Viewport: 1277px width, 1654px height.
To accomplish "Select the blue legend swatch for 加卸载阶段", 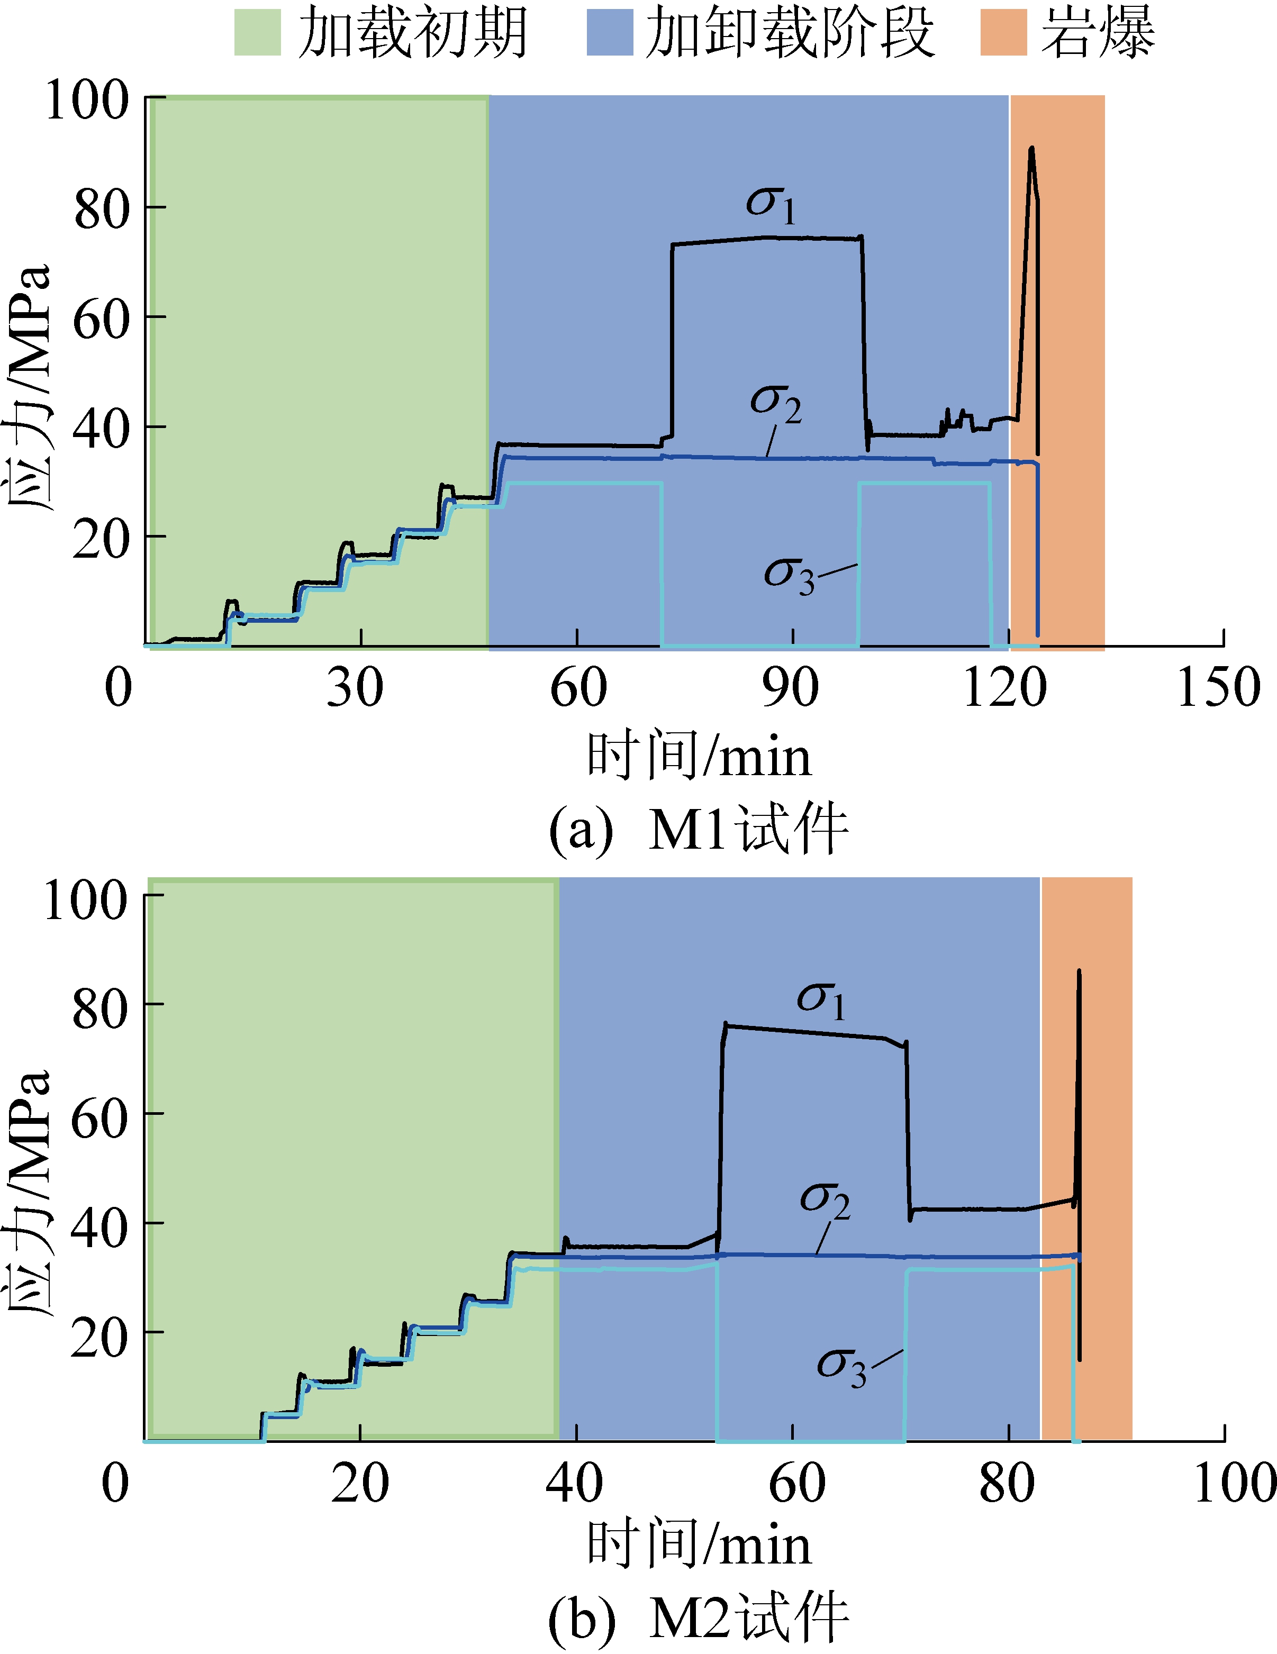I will click(610, 33).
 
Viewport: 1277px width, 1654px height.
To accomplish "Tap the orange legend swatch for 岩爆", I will click(1003, 33).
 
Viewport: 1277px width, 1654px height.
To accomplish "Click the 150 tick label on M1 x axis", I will click(1218, 688).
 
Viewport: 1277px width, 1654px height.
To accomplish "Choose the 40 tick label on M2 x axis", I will click(574, 1484).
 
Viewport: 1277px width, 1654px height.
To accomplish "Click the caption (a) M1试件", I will click(698, 829).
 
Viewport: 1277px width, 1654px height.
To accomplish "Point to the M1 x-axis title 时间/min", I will click(698, 757).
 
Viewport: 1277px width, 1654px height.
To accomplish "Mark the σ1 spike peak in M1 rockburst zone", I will click(1031, 149).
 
